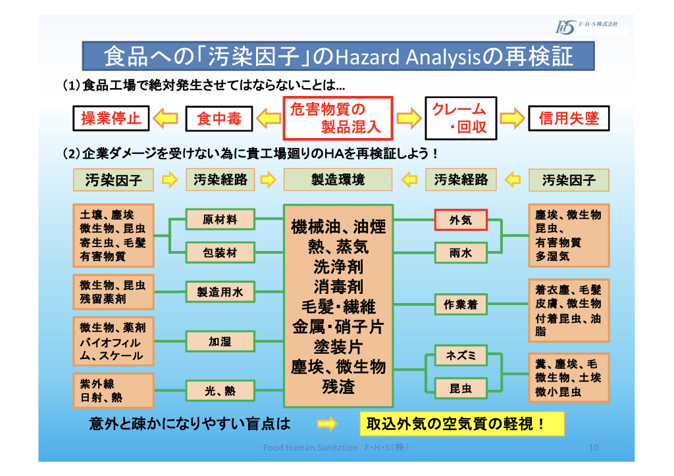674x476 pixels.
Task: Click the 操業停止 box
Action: pyautogui.click(x=111, y=118)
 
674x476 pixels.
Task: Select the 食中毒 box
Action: pyautogui.click(x=219, y=118)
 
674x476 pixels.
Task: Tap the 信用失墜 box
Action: pyautogui.click(x=569, y=118)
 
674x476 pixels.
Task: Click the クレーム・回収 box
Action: pyautogui.click(x=459, y=118)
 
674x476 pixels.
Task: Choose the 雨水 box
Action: pyautogui.click(x=461, y=252)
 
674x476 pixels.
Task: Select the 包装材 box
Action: pyautogui.click(x=220, y=252)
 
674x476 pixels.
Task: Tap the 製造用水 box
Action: pyautogui.click(x=220, y=292)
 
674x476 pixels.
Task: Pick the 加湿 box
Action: pyautogui.click(x=220, y=341)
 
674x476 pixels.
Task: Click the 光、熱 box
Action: pyautogui.click(x=220, y=391)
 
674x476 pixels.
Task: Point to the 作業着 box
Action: pyautogui.click(x=461, y=304)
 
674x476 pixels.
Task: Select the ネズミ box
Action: pyautogui.click(x=461, y=356)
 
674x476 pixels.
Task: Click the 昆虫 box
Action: pyautogui.click(x=461, y=389)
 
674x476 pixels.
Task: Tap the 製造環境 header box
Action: pyautogui.click(x=338, y=179)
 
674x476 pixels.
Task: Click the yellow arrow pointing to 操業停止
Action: pyautogui.click(x=167, y=118)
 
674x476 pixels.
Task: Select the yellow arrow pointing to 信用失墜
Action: pyautogui.click(x=511, y=118)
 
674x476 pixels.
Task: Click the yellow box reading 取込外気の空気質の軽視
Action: pyautogui.click(x=462, y=424)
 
